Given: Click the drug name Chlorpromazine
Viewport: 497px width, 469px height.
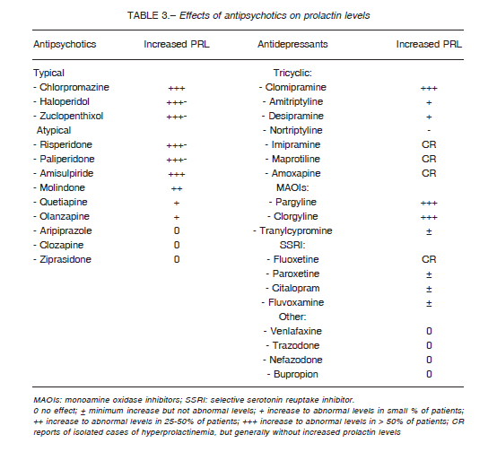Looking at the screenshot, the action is [x=74, y=87].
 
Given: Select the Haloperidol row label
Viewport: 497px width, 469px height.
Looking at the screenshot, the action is [x=65, y=101].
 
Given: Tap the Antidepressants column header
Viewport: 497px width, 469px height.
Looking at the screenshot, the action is [x=292, y=44].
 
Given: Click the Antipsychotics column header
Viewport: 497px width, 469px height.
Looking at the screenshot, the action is [x=65, y=44].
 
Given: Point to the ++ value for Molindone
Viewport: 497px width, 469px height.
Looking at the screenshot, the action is [x=177, y=188].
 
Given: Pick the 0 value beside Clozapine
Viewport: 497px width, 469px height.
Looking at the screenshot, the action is [x=177, y=245].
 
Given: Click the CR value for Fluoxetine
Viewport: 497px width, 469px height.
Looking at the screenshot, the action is [x=429, y=259].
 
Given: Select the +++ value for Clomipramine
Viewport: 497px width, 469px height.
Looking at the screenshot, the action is [x=429, y=88].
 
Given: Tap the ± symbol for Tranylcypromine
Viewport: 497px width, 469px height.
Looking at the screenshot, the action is [x=429, y=231].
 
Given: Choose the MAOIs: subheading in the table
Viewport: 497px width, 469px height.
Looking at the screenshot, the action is [x=292, y=187].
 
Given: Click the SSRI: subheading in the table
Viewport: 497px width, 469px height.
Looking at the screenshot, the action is [x=292, y=245].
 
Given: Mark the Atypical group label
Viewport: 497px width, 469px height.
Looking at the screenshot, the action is [x=54, y=130].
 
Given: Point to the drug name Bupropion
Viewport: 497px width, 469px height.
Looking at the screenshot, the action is [x=296, y=374].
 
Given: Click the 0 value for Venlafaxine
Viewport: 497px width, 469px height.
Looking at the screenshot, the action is [x=429, y=331].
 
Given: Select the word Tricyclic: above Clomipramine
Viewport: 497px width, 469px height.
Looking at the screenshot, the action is [x=292, y=73].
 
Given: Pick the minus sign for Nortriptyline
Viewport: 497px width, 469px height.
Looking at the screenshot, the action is [x=429, y=130].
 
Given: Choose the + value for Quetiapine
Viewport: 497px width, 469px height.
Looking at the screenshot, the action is [x=177, y=203].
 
